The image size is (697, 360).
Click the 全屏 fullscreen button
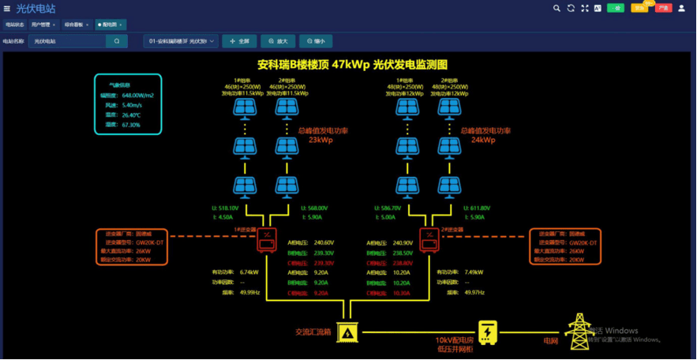(x=238, y=41)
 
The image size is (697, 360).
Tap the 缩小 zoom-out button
(x=315, y=41)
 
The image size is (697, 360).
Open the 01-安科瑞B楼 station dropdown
(x=181, y=41)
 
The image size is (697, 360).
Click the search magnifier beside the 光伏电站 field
(x=117, y=41)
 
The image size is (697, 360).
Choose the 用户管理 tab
(x=43, y=24)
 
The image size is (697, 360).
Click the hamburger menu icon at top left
(x=7, y=9)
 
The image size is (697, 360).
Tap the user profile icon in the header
(x=682, y=8)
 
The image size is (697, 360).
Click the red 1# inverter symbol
(x=268, y=239)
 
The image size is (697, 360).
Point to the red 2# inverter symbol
(x=429, y=239)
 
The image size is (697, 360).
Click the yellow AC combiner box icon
(x=347, y=332)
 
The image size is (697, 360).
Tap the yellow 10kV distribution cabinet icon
(x=488, y=332)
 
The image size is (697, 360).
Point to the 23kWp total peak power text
(x=320, y=140)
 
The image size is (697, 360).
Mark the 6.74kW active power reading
(x=249, y=272)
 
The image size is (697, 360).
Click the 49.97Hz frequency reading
(x=474, y=292)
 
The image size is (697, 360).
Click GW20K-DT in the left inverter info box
(x=150, y=242)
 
